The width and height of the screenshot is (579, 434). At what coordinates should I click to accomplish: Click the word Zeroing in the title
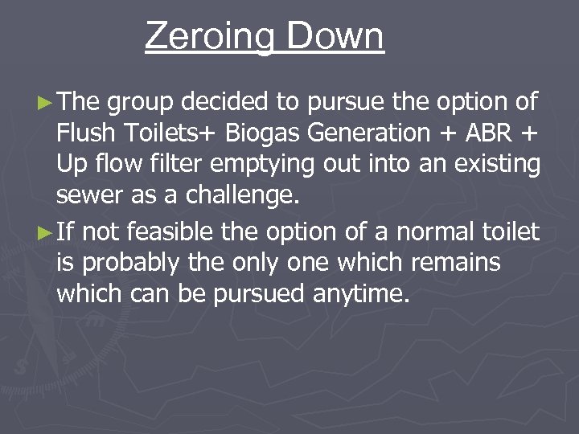click(x=210, y=36)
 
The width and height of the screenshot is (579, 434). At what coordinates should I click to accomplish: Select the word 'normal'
click(x=441, y=233)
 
